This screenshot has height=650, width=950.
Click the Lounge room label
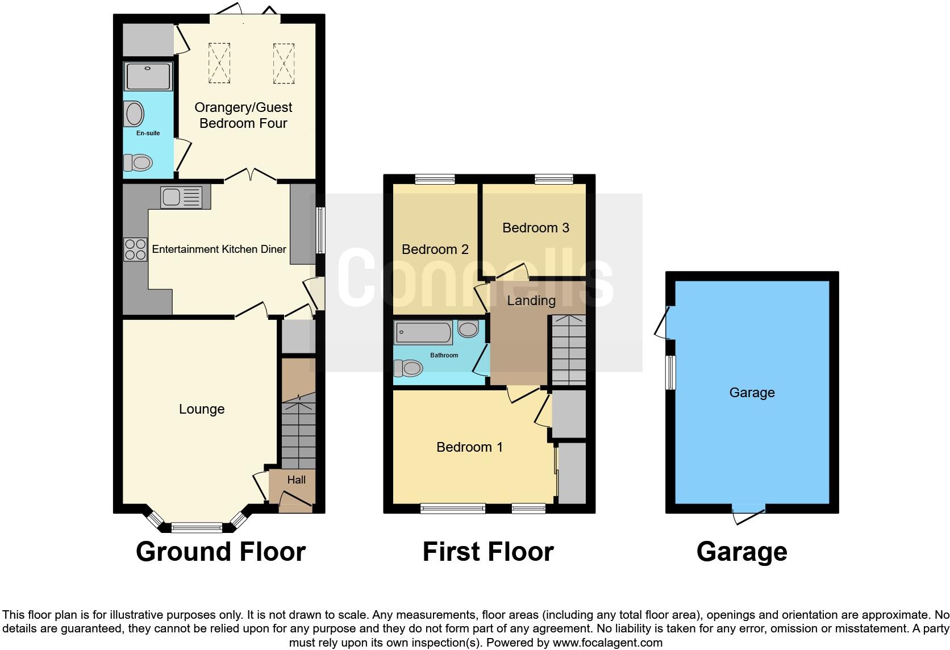(x=202, y=409)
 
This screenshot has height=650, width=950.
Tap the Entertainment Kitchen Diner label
(x=219, y=249)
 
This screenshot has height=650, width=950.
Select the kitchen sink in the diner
(x=181, y=197)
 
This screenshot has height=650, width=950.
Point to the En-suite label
(x=148, y=133)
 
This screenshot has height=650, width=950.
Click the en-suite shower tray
(x=148, y=77)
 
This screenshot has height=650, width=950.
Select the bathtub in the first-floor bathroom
(x=423, y=332)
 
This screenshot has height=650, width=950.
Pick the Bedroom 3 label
(x=535, y=228)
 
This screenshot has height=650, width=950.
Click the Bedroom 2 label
(x=435, y=249)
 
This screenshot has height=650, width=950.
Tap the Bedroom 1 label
(x=469, y=447)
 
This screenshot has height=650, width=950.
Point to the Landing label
(x=531, y=301)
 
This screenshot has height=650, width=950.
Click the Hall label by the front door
(x=296, y=480)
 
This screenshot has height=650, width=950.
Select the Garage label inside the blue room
(x=752, y=393)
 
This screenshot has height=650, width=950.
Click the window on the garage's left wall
(x=671, y=373)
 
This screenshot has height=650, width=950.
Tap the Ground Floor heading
(x=220, y=552)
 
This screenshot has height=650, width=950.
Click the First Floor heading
(x=488, y=552)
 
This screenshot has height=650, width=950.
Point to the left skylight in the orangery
(x=219, y=63)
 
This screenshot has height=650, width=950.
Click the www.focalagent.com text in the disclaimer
(x=607, y=643)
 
